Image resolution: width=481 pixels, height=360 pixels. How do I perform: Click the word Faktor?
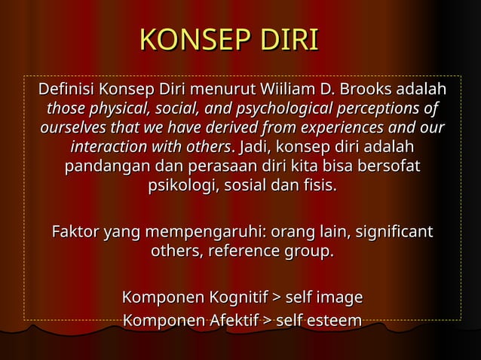tap(75, 231)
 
